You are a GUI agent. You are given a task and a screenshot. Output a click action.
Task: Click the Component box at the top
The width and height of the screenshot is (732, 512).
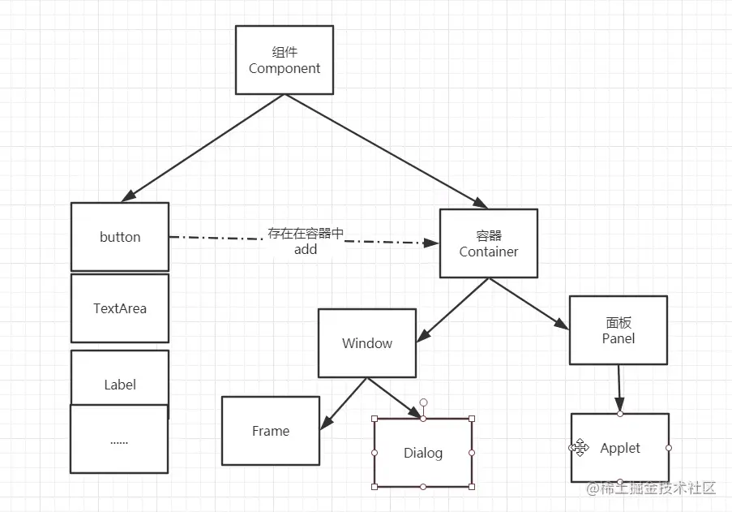(x=285, y=60)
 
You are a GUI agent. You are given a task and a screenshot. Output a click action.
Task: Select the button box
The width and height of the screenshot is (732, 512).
(x=120, y=237)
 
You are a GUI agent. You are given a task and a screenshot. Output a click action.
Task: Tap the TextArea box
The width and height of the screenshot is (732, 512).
(x=120, y=308)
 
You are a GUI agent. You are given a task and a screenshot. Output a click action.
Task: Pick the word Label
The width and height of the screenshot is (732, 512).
(x=120, y=385)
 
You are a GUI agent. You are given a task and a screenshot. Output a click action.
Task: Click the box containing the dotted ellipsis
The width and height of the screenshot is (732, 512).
(x=119, y=441)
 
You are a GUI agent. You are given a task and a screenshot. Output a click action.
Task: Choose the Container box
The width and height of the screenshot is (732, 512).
(x=489, y=243)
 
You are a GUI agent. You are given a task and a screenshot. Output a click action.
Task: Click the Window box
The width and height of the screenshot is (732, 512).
(x=367, y=343)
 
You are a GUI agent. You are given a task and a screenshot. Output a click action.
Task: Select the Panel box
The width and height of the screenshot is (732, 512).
(x=619, y=330)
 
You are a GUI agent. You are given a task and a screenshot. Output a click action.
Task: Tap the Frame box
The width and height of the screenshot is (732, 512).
(x=271, y=431)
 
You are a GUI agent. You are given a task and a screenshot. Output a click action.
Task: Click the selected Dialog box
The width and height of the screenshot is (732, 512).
(x=423, y=453)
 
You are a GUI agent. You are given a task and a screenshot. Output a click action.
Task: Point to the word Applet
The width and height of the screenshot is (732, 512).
(x=620, y=448)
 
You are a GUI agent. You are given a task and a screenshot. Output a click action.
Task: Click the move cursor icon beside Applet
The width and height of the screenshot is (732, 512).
(x=578, y=448)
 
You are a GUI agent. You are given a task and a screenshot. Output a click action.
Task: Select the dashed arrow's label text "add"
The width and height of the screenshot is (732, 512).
(x=306, y=250)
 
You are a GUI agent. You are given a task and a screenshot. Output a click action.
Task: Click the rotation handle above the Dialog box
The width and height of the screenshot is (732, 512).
(x=423, y=402)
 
